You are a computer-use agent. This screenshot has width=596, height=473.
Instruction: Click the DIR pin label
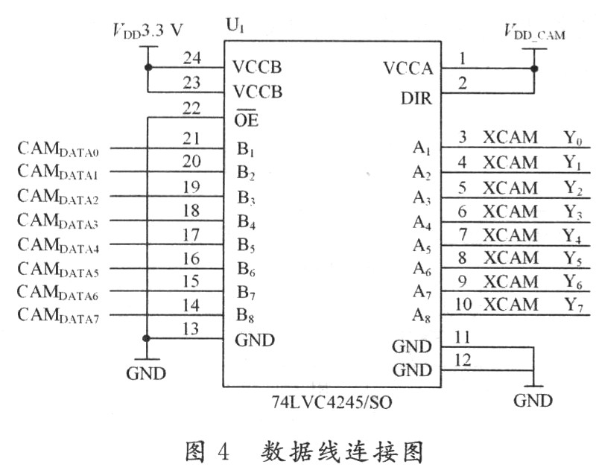pos(416,98)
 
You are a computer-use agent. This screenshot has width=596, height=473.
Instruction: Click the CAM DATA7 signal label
pos(63,315)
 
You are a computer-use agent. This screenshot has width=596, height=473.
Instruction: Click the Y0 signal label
pos(572,139)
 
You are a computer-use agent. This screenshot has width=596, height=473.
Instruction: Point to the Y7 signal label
pos(572,305)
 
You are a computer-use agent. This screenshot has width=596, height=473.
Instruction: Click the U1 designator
pos(234,27)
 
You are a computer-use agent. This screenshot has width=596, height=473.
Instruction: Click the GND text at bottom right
pos(533,401)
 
